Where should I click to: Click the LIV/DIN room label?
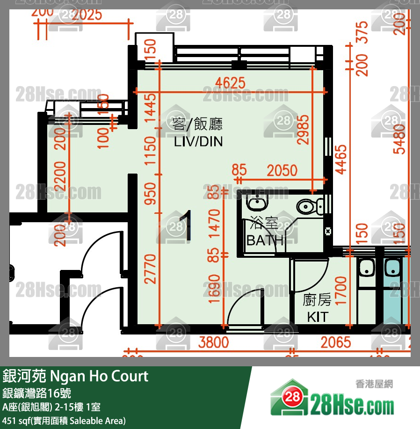click(x=198, y=141)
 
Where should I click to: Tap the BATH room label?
click(x=265, y=240)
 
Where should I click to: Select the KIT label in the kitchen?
click(x=317, y=317)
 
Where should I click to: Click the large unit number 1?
click(x=186, y=226)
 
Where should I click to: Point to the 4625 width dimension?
click(x=230, y=83)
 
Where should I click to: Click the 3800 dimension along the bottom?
click(x=213, y=342)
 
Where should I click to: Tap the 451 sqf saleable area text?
click(x=64, y=421)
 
